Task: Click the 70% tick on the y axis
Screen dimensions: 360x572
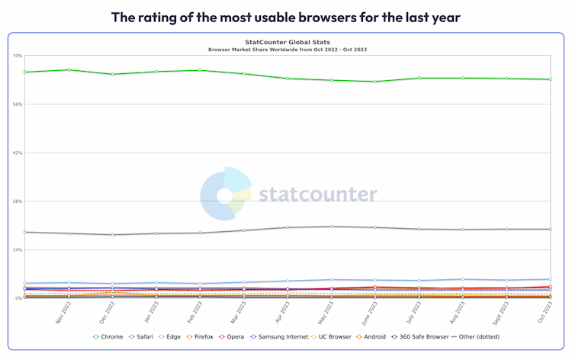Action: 17,56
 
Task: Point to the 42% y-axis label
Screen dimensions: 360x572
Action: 17,153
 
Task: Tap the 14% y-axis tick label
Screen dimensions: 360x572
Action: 17,250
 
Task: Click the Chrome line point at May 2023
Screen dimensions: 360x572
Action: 331,80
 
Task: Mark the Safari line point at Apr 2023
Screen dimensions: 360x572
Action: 288,227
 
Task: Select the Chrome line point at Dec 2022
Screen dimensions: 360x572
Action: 112,74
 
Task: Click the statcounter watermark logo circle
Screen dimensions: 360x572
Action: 225,195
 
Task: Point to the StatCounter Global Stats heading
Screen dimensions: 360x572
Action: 287,43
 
